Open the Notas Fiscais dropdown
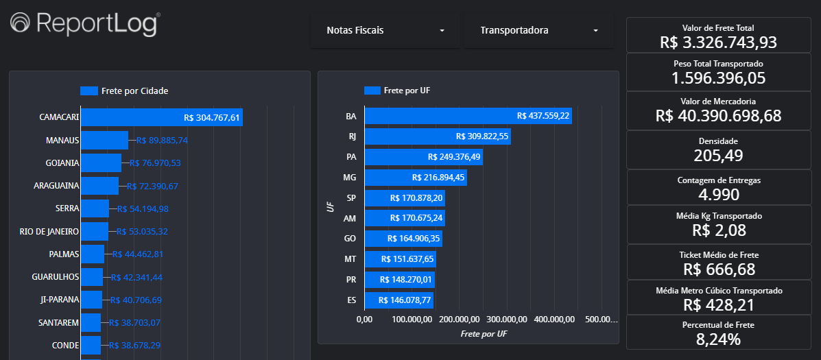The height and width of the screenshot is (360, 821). point(385,31)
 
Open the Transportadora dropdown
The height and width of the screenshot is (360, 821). point(538,31)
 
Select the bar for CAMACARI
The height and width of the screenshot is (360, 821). point(162,117)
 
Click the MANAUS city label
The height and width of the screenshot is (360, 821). point(62,140)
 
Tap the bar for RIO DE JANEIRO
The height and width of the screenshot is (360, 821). point(95,231)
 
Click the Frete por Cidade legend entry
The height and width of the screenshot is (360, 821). point(124,91)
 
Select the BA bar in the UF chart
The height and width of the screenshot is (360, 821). point(468,116)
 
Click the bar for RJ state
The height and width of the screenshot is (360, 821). point(438,136)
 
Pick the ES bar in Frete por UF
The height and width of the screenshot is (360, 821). point(398,300)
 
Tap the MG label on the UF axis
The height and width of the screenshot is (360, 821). point(350,178)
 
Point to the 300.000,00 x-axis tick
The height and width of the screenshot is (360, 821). point(506,320)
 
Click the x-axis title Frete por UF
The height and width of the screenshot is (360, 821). point(484,334)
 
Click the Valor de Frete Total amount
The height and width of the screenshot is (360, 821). point(718,42)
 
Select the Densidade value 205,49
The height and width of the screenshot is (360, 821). point(718,155)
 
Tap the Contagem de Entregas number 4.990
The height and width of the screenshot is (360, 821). point(718,194)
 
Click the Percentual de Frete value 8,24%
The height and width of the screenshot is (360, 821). point(718,339)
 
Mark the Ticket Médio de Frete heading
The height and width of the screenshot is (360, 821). point(718,255)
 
